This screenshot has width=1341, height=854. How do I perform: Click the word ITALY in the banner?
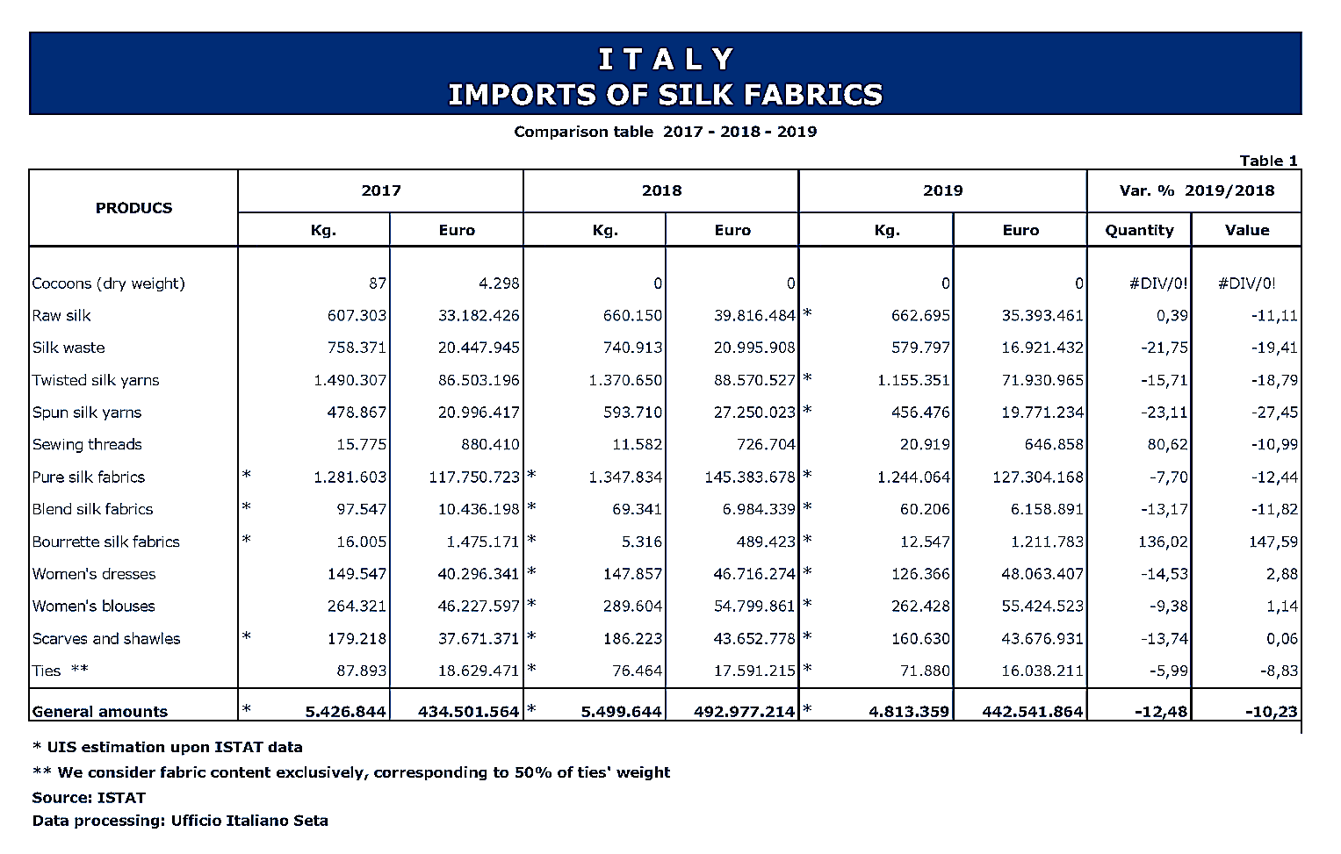[x=665, y=60]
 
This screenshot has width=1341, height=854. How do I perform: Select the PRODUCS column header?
[x=133, y=208]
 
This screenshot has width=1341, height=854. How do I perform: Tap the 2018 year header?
[x=661, y=190]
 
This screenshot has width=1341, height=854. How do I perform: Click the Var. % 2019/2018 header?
[x=1196, y=190]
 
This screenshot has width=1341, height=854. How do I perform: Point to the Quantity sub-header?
[x=1139, y=230]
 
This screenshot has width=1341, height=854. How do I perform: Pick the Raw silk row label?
[x=61, y=316]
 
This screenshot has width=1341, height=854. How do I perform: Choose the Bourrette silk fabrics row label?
[x=105, y=542]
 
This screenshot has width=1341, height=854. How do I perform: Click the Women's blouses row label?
[x=93, y=606]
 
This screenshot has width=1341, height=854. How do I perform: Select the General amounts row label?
[x=99, y=712]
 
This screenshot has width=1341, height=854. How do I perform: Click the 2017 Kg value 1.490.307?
[x=350, y=381]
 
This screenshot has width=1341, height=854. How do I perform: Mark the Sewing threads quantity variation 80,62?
[x=1167, y=445]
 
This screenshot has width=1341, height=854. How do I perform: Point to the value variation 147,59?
[x=1273, y=542]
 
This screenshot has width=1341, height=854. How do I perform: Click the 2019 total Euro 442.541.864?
[x=1032, y=712]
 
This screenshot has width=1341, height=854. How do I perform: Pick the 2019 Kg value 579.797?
[x=920, y=348]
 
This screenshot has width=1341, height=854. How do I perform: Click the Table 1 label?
[x=1267, y=161]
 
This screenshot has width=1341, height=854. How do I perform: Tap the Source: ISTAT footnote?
[x=89, y=798]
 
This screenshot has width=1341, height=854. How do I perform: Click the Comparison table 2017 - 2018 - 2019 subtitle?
[x=665, y=132]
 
